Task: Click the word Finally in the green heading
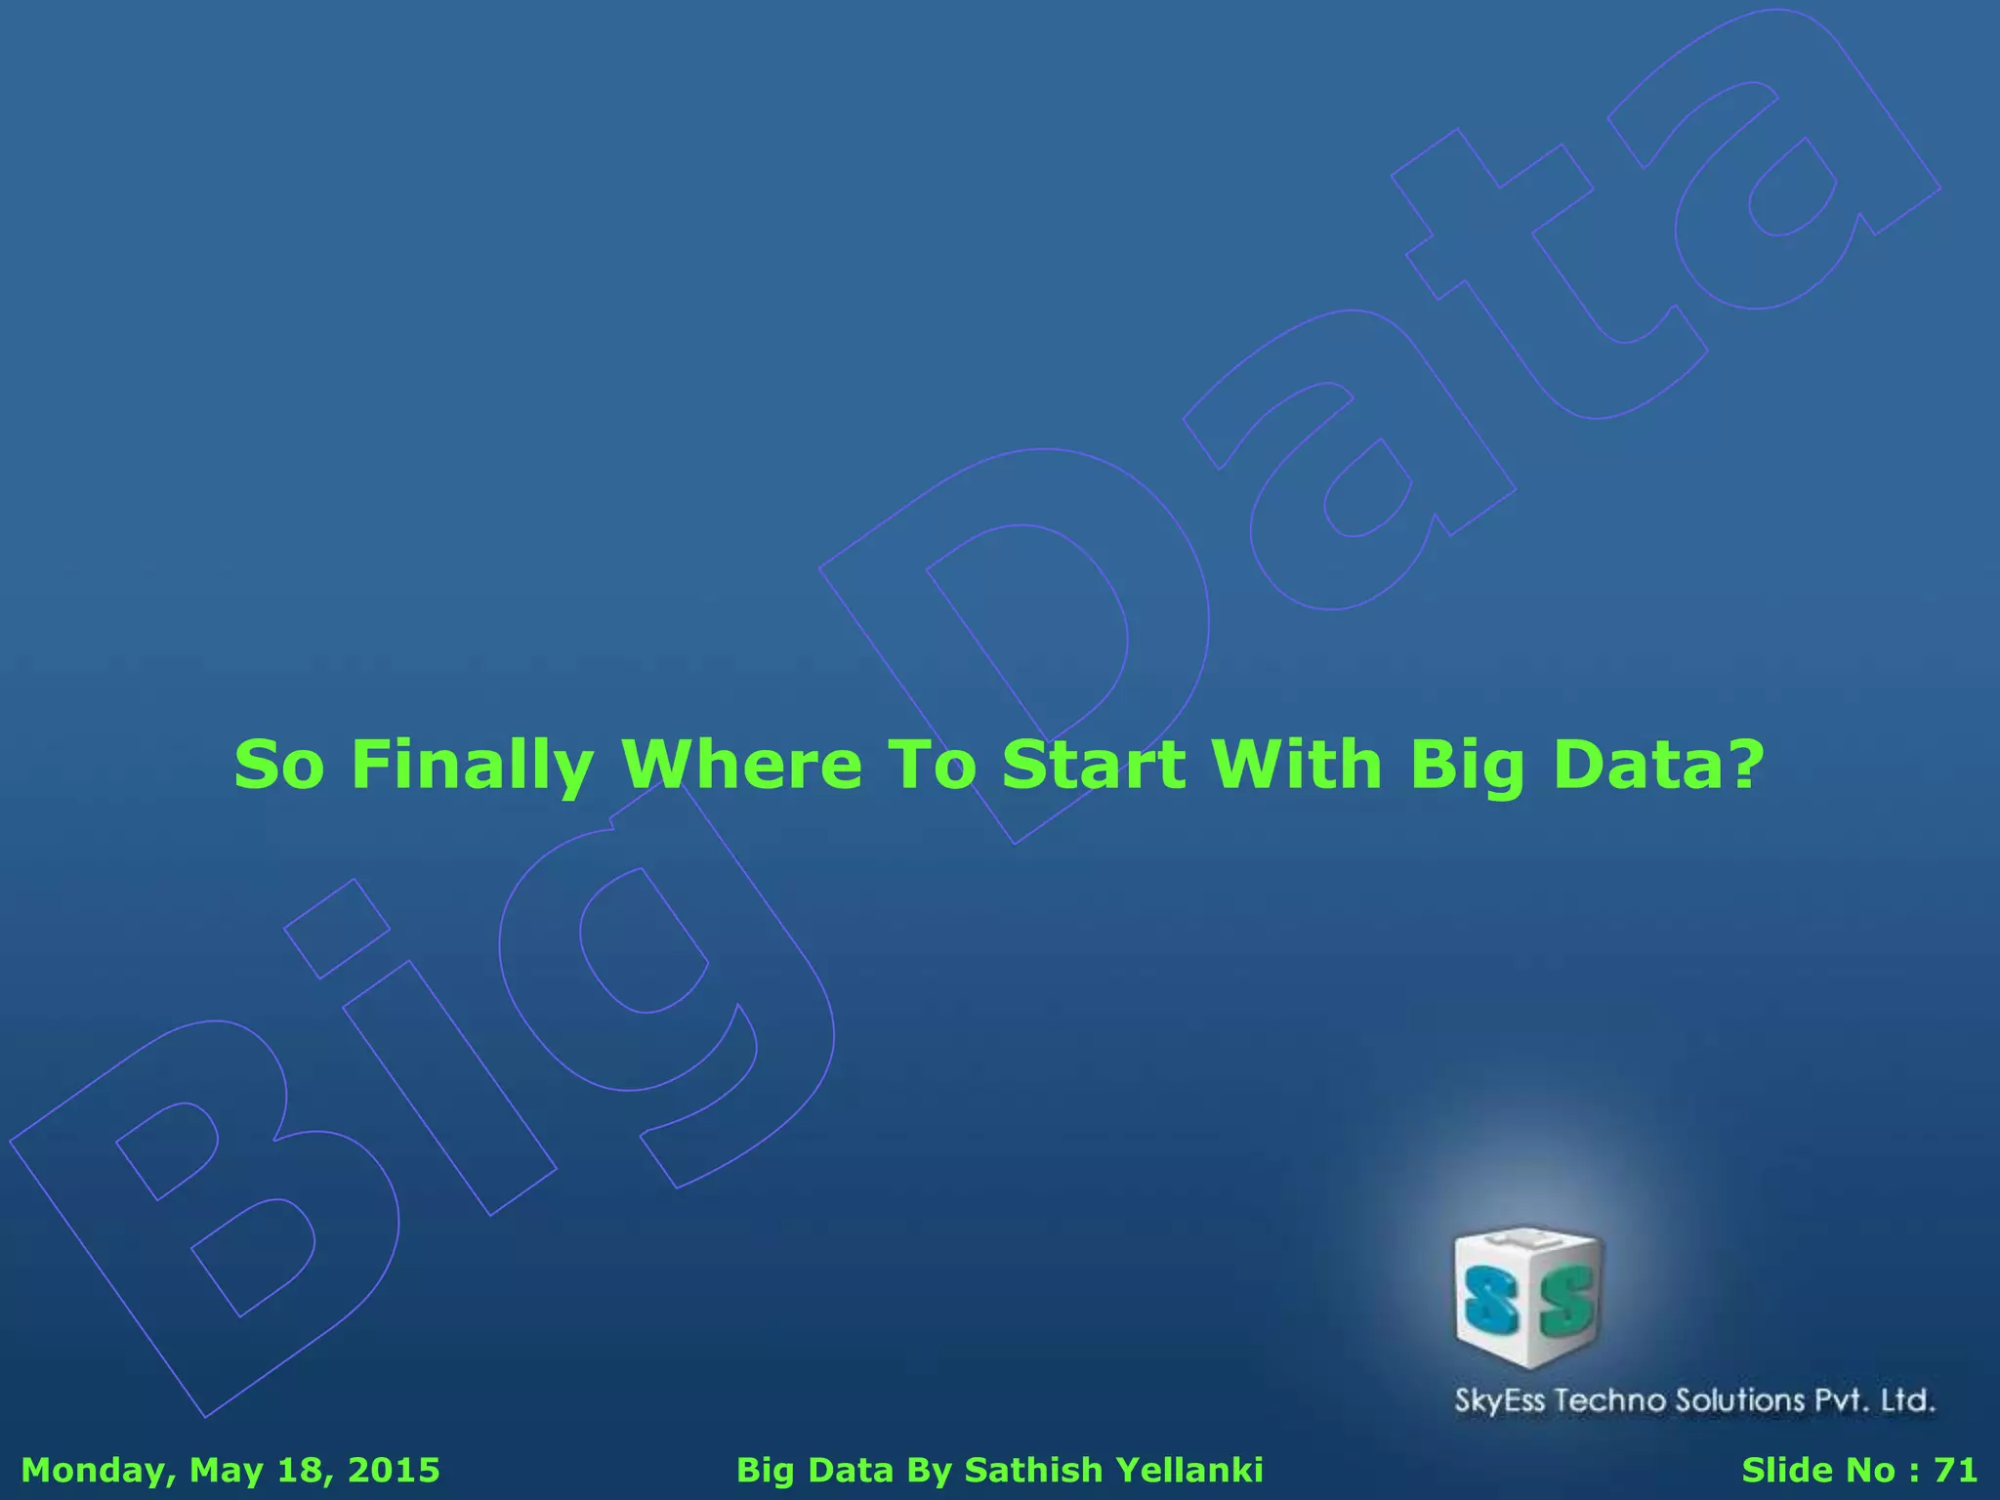coord(472,766)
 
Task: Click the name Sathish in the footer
coord(1033,1470)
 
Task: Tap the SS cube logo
coord(1529,1297)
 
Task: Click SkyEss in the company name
coord(1500,1401)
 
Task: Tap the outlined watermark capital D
coord(1016,635)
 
